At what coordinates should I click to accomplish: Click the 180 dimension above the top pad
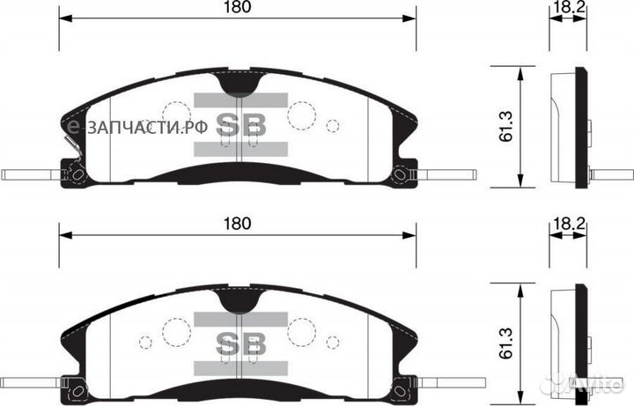(237, 8)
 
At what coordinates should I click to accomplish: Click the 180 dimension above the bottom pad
(237, 224)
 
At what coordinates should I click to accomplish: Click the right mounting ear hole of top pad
(402, 174)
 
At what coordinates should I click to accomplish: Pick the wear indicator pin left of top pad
(26, 174)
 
